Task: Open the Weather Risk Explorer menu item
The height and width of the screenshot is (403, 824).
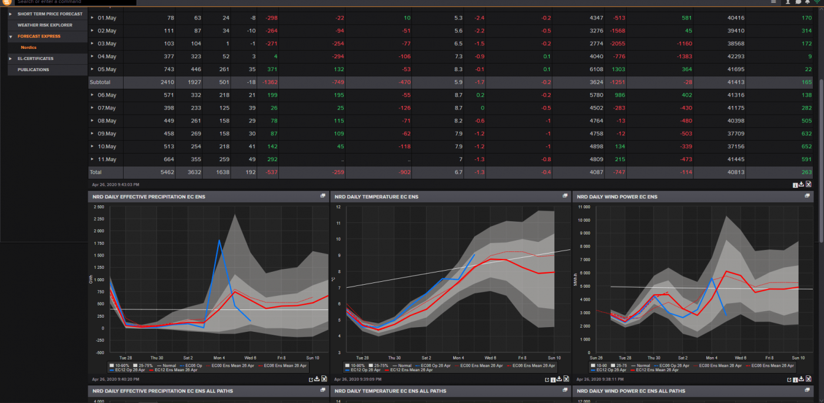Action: (45, 25)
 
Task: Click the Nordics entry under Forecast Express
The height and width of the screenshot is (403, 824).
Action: (28, 47)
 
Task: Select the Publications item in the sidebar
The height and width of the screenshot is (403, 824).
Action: (33, 69)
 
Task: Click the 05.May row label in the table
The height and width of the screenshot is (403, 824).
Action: (107, 69)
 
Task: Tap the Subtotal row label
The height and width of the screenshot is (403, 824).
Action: (99, 82)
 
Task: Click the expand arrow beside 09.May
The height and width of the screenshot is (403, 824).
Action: (92, 134)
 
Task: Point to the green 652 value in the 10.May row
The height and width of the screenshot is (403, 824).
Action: (806, 146)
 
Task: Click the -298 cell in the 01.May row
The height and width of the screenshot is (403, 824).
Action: (271, 18)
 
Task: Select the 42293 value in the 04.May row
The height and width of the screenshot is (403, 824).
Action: (736, 56)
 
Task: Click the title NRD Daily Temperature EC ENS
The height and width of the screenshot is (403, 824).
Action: (377, 196)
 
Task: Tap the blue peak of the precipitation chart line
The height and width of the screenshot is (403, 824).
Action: (220, 241)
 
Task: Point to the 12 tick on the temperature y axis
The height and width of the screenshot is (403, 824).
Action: (338, 207)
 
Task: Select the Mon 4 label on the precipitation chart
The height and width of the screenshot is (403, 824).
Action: (219, 358)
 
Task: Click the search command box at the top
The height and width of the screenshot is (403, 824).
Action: (75, 2)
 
